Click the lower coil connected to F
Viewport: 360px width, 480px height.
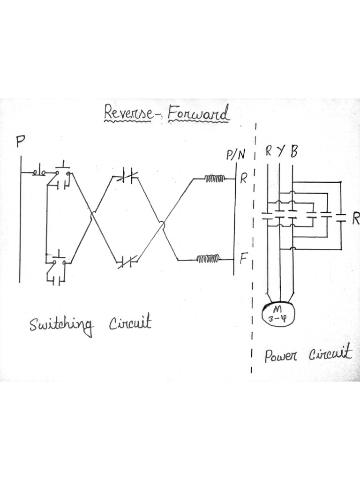point(208,258)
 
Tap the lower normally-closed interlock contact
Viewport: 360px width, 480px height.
point(127,261)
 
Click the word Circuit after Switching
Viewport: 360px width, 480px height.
point(130,323)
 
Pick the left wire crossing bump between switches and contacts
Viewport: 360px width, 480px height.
point(93,217)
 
